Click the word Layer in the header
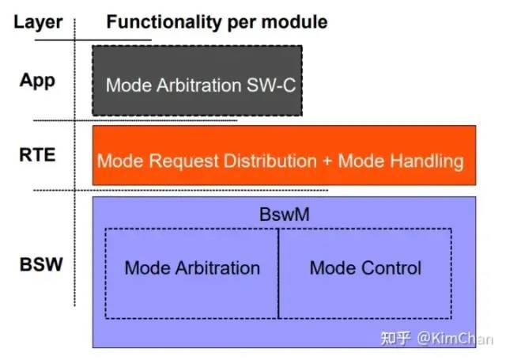click(x=38, y=23)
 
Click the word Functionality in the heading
click(x=164, y=22)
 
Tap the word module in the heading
click(x=294, y=22)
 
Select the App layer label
click(x=37, y=81)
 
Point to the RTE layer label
click(x=37, y=154)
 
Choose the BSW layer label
click(x=41, y=264)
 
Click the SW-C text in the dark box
click(x=271, y=85)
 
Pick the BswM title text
click(x=285, y=214)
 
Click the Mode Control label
click(x=365, y=268)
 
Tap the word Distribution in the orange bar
click(x=270, y=161)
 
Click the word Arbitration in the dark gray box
click(x=199, y=85)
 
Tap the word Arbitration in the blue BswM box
click(x=218, y=268)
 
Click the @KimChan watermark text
click(x=455, y=339)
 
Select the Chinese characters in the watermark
click(x=395, y=339)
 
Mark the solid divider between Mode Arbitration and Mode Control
click(x=278, y=274)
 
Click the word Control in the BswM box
click(x=391, y=268)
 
